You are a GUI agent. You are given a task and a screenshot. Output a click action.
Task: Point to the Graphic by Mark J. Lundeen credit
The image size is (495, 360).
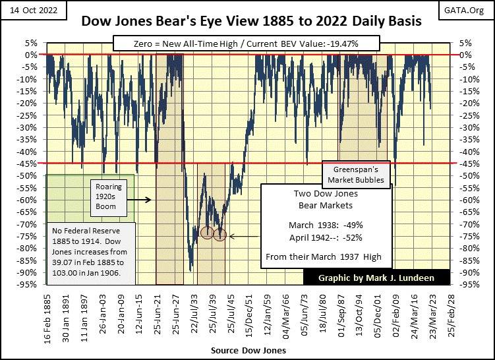376,278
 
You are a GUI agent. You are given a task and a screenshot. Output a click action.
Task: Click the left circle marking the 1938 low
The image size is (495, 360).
207,233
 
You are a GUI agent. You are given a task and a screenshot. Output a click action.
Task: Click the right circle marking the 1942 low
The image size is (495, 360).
220,235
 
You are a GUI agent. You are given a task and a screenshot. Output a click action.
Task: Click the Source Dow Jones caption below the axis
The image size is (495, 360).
248,351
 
